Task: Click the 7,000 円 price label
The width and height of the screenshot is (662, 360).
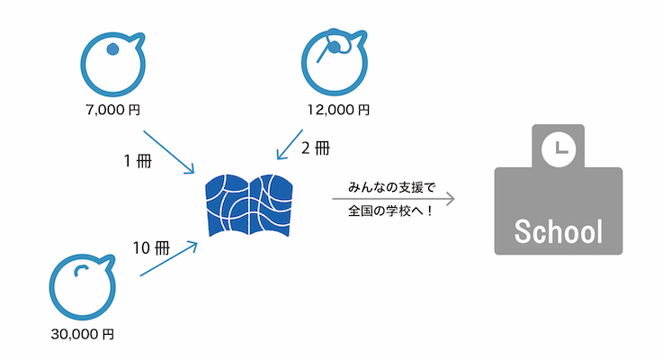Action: pos(112,111)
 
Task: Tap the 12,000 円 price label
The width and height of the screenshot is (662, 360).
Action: pos(338,111)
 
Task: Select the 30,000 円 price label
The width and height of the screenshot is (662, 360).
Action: pos(83,334)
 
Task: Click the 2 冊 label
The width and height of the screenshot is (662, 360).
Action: pos(318,148)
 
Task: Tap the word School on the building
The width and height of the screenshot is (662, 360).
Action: pos(558,231)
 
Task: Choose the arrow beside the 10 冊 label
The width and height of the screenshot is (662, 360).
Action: pos(169,257)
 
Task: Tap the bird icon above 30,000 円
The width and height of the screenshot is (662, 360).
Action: pos(81,287)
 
